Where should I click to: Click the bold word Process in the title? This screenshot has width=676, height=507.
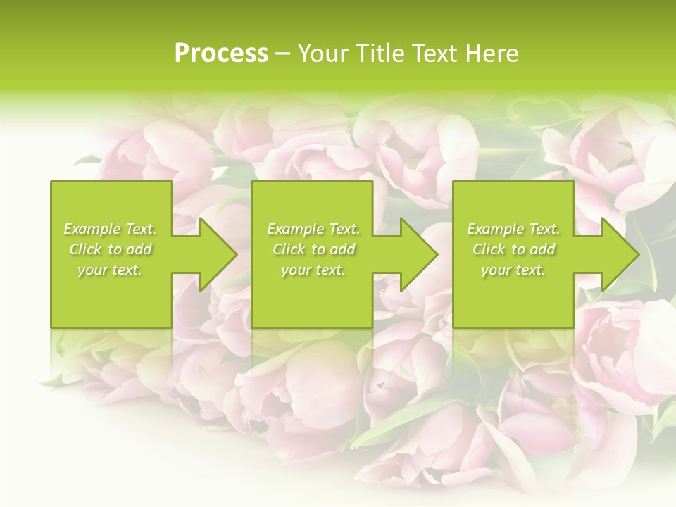[221, 54]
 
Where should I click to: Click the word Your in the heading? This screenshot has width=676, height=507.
[323, 54]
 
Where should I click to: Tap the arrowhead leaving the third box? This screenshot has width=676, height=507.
[619, 254]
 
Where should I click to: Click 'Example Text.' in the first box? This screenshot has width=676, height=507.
[111, 229]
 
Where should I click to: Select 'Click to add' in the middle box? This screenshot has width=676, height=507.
[313, 249]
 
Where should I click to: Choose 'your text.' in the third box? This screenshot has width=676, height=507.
[513, 270]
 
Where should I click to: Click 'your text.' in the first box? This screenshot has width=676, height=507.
[110, 270]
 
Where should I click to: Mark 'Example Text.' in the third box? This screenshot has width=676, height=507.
[513, 229]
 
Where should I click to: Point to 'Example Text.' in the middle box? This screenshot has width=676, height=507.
[313, 229]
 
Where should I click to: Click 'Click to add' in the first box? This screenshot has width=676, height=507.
[111, 249]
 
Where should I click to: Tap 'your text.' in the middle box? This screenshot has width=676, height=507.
[313, 270]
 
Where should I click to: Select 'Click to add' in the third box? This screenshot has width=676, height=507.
[513, 249]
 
